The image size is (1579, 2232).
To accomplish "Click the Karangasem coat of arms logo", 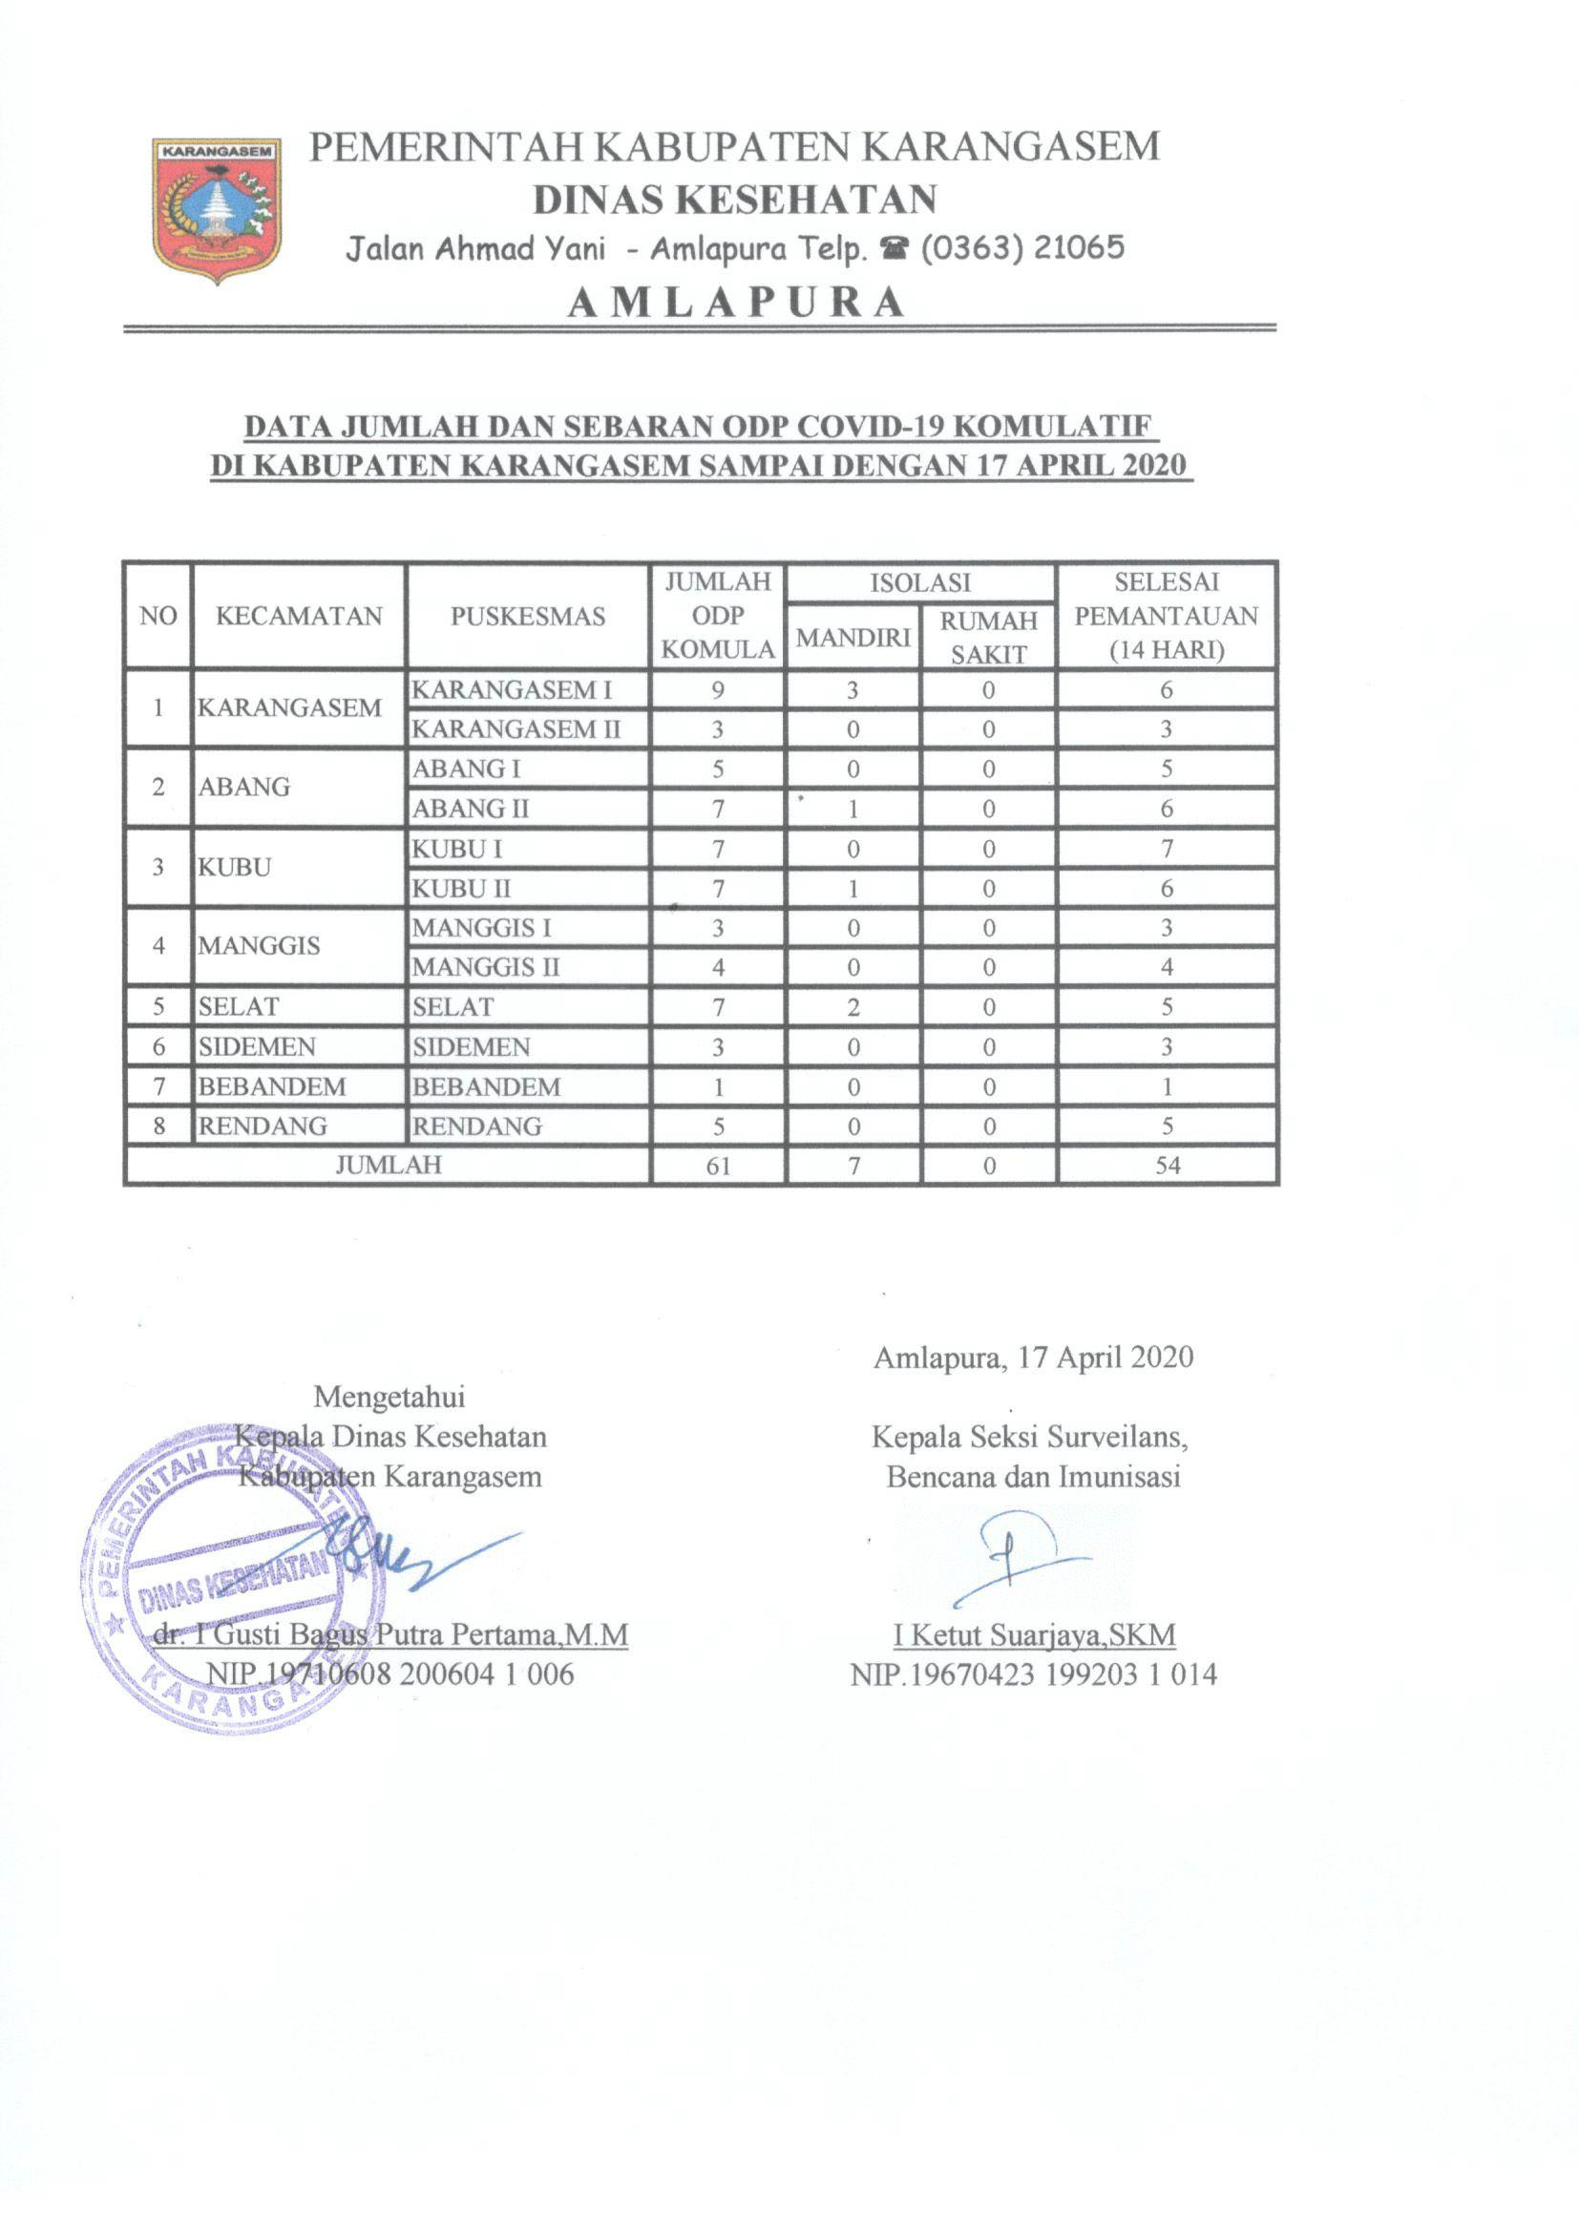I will [x=216, y=210].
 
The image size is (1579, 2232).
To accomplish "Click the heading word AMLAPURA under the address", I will [x=736, y=304].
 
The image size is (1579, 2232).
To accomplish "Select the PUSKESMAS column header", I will [x=527, y=617].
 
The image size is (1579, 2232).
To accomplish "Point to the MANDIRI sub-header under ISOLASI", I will [x=853, y=638].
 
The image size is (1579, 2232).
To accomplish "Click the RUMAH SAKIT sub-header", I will [x=988, y=638].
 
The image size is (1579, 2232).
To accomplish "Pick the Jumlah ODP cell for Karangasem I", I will [x=718, y=690].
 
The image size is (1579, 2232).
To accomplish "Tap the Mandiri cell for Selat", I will [x=853, y=1007].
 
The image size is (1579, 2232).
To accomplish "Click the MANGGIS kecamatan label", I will [x=259, y=946].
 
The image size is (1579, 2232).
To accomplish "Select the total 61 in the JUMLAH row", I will [x=718, y=1166].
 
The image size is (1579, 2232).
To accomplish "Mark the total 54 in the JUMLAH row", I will [x=1167, y=1166].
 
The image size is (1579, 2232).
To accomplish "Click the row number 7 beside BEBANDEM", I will [x=158, y=1085].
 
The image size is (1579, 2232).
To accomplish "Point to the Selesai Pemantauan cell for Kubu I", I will [x=1167, y=849].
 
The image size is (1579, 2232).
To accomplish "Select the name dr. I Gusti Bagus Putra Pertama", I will [x=390, y=1634].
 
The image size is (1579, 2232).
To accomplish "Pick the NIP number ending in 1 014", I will [x=1034, y=1674].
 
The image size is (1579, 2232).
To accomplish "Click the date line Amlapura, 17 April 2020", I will [x=1033, y=1358].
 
